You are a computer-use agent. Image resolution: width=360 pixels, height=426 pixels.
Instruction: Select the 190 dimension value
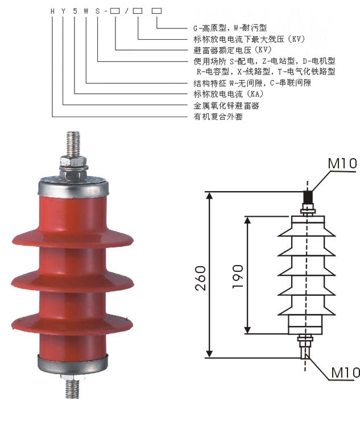(x=238, y=275)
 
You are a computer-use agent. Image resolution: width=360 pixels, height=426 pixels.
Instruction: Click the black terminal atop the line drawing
(x=308, y=197)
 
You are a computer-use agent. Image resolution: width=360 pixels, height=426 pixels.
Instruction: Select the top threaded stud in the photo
(x=73, y=144)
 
